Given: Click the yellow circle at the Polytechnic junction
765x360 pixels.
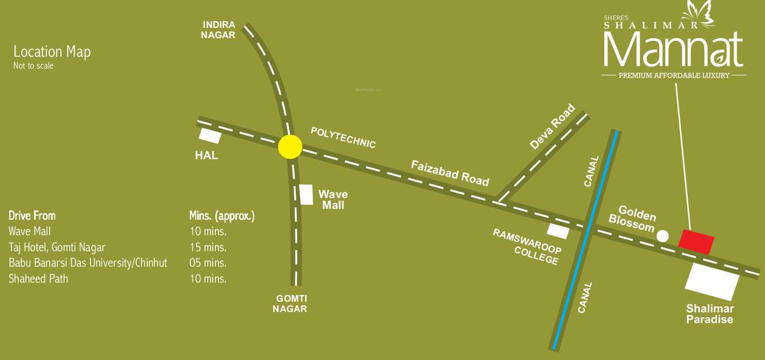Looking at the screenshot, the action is (x=290, y=147).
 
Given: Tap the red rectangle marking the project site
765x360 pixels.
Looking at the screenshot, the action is (x=696, y=241).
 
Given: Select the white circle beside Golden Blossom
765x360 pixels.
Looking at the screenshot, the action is (x=663, y=235).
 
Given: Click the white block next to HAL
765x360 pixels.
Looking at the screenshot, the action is (x=210, y=136).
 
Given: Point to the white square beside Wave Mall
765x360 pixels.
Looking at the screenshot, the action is (x=306, y=195).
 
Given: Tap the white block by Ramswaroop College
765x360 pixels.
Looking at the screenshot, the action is (x=558, y=231).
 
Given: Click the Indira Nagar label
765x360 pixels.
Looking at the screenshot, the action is (x=219, y=30).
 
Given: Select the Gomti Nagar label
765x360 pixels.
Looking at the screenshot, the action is (x=290, y=303).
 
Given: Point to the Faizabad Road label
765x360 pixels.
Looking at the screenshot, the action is (x=450, y=173).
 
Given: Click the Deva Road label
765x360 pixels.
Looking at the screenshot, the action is (x=552, y=126).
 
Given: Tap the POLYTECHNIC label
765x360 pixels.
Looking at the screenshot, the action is (x=343, y=137).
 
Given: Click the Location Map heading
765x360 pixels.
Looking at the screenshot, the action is (x=52, y=52).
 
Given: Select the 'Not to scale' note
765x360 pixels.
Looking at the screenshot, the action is (x=33, y=66).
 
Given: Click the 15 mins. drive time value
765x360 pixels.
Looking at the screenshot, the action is (x=208, y=247).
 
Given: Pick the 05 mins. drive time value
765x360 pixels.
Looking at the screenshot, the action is (x=208, y=263).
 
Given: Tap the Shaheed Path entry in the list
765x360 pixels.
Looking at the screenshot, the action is (x=38, y=279).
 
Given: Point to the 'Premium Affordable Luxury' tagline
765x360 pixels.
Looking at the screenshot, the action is (x=674, y=76).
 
